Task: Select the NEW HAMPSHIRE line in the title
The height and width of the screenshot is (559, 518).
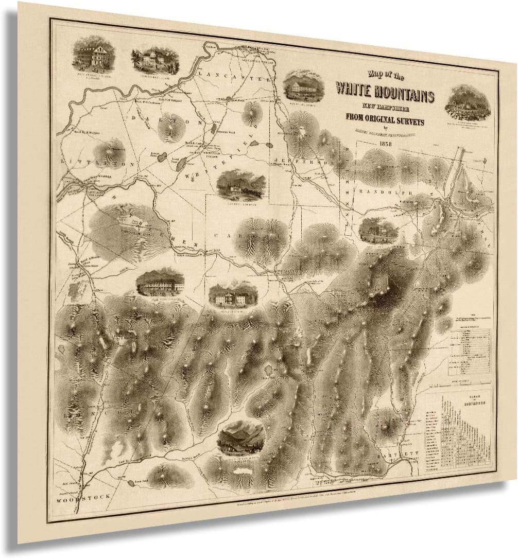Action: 385,109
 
